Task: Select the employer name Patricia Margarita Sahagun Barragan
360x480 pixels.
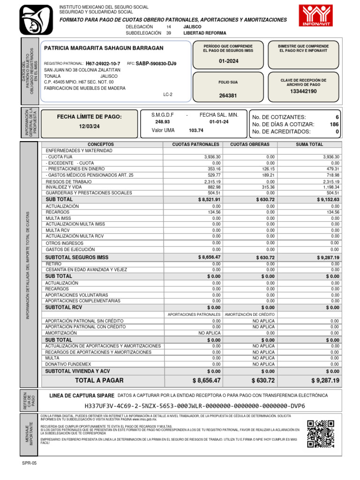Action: (x=104, y=48)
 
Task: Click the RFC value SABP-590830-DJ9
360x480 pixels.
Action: (x=156, y=63)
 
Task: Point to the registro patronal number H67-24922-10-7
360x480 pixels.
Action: (x=103, y=63)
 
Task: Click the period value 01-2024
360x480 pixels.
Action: (x=228, y=61)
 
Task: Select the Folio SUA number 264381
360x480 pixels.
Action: (x=228, y=96)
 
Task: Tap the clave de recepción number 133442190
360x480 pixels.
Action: (x=303, y=91)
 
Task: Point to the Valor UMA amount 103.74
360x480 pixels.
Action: (x=196, y=130)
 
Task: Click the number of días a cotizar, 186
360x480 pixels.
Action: (x=334, y=124)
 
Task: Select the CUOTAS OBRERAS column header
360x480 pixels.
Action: (x=250, y=144)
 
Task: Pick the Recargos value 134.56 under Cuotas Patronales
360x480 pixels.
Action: (x=213, y=212)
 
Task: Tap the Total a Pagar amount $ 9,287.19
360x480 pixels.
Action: (x=325, y=380)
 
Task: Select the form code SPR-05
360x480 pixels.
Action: (x=29, y=463)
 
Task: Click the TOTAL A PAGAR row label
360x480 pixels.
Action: (x=99, y=380)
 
